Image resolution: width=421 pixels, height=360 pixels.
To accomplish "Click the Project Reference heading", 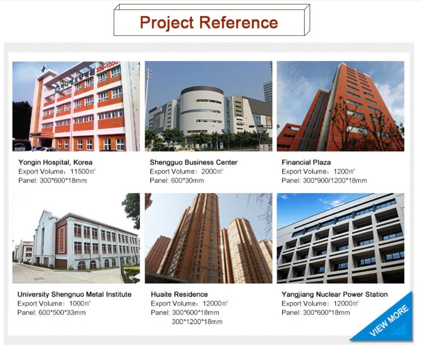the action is (x=209, y=22).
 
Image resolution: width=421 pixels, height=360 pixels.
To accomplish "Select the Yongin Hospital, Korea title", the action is (x=55, y=162).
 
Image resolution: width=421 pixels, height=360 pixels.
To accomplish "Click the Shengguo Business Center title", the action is (x=193, y=162).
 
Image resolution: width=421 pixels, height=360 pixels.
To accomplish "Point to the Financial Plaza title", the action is (x=306, y=162).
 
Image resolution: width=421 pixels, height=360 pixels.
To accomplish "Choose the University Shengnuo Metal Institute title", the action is (x=74, y=294).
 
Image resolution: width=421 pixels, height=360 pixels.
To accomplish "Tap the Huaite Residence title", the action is (x=179, y=294).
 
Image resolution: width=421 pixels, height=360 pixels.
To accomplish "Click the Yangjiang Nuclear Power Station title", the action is (x=334, y=294).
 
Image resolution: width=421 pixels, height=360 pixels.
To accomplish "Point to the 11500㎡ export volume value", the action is (x=83, y=172).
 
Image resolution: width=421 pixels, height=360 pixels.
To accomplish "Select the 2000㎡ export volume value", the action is (x=212, y=172).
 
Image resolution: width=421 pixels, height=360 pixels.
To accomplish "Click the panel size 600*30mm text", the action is (x=187, y=180).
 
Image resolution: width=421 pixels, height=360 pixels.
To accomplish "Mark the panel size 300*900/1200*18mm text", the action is (x=335, y=180).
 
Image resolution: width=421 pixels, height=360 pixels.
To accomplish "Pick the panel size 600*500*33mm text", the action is (x=62, y=313).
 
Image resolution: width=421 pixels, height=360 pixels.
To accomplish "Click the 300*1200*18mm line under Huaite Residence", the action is (x=197, y=322).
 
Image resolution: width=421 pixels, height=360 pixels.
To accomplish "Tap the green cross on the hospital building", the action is (x=43, y=70).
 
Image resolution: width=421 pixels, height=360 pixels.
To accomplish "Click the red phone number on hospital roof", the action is (x=107, y=66).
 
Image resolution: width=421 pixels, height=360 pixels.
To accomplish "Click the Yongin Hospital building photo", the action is (x=76, y=106).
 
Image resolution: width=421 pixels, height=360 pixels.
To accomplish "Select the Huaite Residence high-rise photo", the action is (x=208, y=238).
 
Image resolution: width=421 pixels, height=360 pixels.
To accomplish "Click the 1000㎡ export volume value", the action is (x=80, y=303).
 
